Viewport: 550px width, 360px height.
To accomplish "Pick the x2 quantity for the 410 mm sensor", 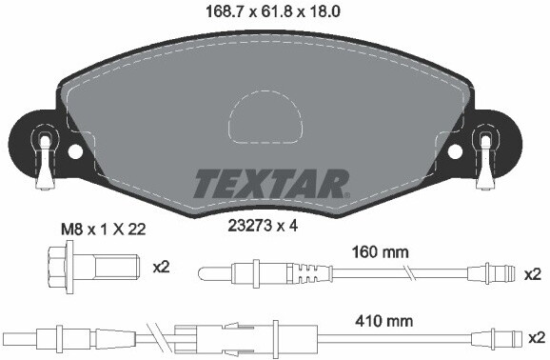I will [x=533, y=337].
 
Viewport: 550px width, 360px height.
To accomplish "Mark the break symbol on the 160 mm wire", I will [x=408, y=275].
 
